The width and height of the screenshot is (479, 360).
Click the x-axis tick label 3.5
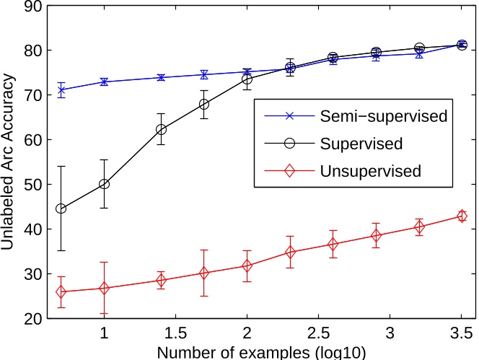click(x=462, y=334)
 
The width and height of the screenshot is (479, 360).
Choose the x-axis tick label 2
click(x=247, y=334)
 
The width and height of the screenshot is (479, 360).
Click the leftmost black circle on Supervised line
click(x=61, y=208)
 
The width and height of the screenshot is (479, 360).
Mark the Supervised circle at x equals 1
click(x=104, y=184)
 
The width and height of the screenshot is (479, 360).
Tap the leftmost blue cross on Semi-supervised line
click(x=61, y=90)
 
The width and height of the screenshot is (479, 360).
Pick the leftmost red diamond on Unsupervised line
click(x=61, y=292)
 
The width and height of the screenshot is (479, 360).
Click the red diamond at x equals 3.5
click(x=462, y=216)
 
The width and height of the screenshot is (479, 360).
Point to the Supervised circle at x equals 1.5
click(x=161, y=129)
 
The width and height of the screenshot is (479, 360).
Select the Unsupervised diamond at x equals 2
click(x=247, y=265)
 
